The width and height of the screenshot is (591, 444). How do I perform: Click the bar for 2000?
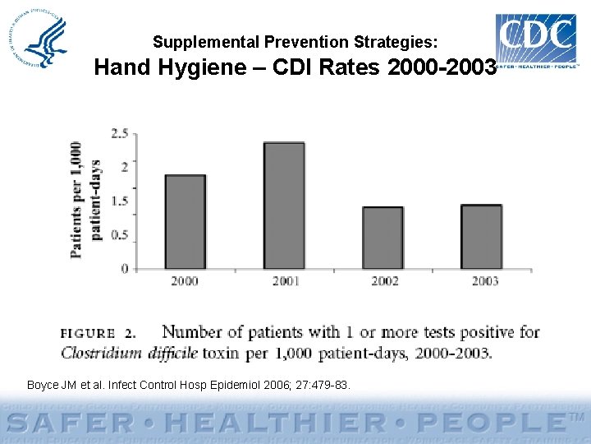click(185, 222)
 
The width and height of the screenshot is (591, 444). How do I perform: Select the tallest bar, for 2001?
click(283, 206)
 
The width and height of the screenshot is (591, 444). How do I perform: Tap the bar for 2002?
click(383, 238)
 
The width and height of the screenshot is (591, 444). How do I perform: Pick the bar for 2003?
click(481, 237)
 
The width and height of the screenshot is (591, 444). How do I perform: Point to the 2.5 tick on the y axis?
click(119, 132)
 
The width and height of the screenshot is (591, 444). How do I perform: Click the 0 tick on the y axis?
click(124, 269)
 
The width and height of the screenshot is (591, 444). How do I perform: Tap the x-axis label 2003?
click(484, 281)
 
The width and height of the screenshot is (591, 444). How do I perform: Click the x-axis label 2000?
click(185, 281)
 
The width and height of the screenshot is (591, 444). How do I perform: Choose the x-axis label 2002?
click(384, 281)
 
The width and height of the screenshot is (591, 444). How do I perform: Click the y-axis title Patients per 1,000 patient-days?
click(85, 199)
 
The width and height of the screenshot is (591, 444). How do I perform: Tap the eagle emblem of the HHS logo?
click(46, 41)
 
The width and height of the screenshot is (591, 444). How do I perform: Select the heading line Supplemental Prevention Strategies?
click(295, 41)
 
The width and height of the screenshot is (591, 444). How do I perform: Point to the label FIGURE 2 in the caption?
click(98, 334)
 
